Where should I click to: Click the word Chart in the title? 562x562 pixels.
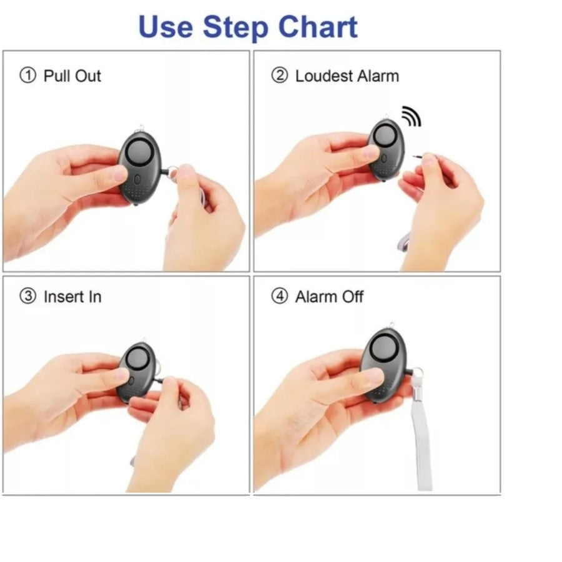click(318, 27)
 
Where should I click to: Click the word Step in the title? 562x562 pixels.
click(235, 29)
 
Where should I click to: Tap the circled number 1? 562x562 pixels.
click(28, 76)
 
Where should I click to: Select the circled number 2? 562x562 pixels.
click(280, 76)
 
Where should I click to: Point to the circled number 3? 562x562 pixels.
click(28, 297)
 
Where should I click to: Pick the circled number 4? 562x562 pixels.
click(280, 297)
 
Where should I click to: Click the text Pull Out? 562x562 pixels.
click(72, 76)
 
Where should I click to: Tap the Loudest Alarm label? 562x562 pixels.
click(347, 76)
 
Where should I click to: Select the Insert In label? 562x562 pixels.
click(72, 297)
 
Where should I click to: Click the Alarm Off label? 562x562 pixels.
click(329, 297)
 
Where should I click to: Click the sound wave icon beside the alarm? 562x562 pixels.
click(412, 116)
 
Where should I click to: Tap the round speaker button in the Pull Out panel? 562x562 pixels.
click(140, 152)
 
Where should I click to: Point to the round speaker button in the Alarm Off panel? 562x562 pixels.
click(385, 347)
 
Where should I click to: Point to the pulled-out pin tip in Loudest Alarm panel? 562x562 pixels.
click(415, 156)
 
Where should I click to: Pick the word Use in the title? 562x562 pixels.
click(165, 27)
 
